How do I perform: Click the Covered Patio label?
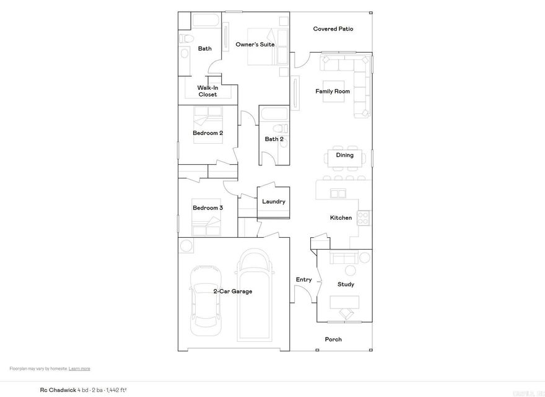pos(333,29)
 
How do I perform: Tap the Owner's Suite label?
pos(255,45)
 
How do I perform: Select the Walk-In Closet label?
pos(207,91)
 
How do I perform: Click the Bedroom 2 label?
pos(207,133)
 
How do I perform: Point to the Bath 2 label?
pos(274,139)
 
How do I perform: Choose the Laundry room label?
pos(274,202)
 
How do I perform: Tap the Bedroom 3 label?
pos(207,208)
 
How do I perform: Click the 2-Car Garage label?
pos(233,291)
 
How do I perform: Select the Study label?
pos(346,285)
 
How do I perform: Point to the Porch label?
pos(333,339)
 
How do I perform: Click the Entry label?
pos(303,280)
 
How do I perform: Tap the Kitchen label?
pos(341,218)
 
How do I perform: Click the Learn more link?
pos(79,369)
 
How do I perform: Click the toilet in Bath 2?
pos(281,128)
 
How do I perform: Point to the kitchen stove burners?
pos(364,218)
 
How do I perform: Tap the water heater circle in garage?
pos(186,246)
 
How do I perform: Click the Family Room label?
pos(333,92)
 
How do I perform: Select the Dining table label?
pos(345,155)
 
